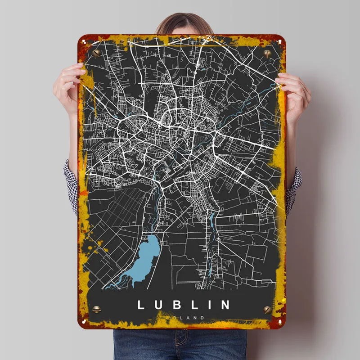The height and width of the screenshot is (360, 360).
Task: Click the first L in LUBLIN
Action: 140,305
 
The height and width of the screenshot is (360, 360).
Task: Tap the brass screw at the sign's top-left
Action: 96,53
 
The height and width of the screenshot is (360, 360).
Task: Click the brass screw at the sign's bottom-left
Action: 96,310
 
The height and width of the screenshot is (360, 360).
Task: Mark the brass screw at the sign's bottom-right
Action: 267,310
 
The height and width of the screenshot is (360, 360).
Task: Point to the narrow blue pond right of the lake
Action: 212,220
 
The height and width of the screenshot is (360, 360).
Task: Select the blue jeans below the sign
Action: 180,344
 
